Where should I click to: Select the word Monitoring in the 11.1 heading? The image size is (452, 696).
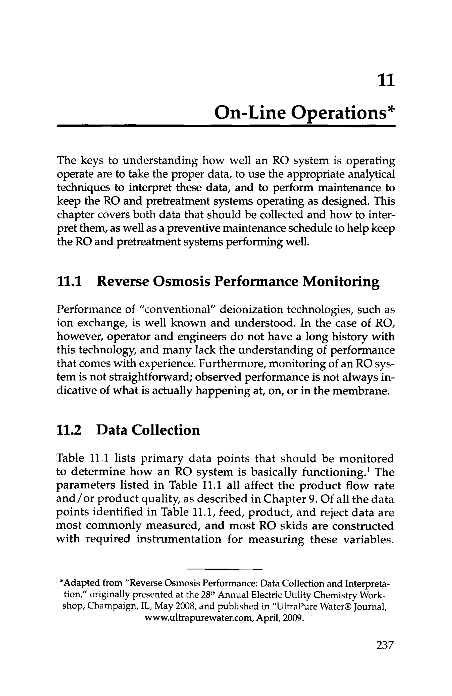[x=341, y=282]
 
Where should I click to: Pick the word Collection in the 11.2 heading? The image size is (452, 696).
[x=166, y=430]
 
